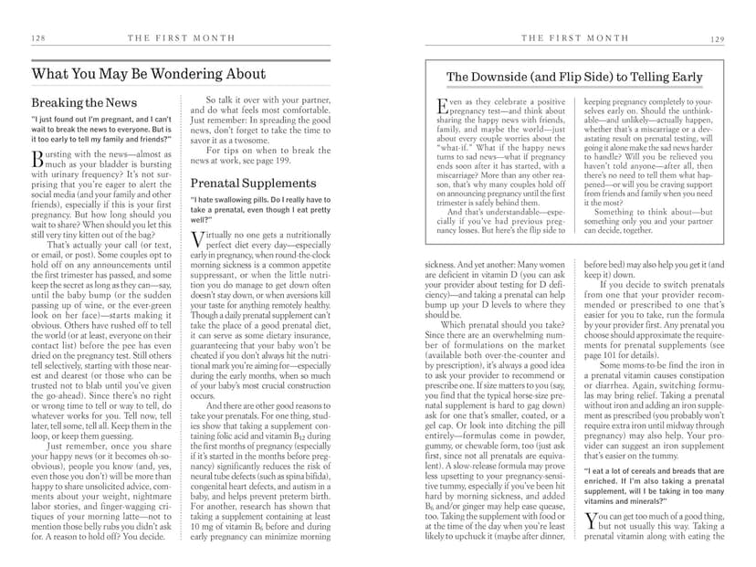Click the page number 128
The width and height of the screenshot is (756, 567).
38,38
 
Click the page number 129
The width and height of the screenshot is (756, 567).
717,38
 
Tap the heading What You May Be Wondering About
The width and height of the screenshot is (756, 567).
149,74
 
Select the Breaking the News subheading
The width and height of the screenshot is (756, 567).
84,103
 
